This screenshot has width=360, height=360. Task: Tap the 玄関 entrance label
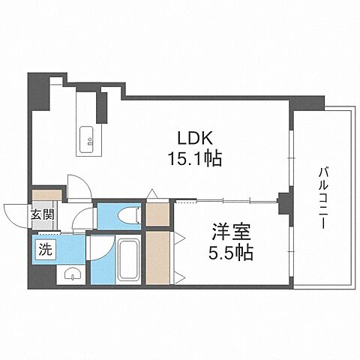(41, 215)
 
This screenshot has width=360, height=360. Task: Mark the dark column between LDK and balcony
(284, 201)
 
